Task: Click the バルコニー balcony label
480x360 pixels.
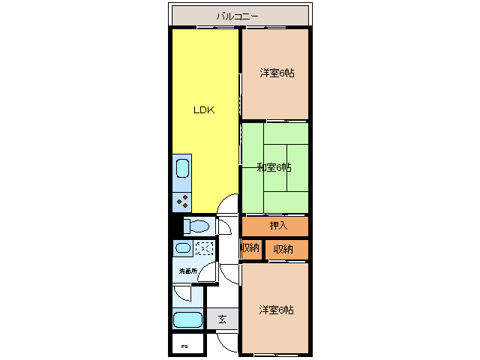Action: [x=237, y=16]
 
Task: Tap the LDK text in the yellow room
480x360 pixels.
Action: [x=204, y=110]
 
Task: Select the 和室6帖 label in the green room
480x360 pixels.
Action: [x=274, y=167]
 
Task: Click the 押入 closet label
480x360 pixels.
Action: [x=278, y=226]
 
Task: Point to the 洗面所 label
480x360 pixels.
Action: [x=188, y=271]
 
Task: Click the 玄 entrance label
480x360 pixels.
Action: [x=222, y=319]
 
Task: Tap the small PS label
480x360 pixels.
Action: [x=184, y=346]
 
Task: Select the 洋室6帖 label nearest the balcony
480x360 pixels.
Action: [x=277, y=73]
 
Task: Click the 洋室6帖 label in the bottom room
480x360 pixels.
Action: [x=277, y=310]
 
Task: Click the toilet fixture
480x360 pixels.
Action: [x=196, y=226]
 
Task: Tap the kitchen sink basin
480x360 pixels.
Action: [x=182, y=168]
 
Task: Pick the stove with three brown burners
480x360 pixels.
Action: [x=181, y=202]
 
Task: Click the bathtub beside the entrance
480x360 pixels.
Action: [x=187, y=319]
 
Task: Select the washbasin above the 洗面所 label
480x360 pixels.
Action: [x=183, y=247]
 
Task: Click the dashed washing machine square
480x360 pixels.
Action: [x=205, y=248]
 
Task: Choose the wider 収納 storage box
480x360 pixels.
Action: [x=286, y=250]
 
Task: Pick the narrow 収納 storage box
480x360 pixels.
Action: [x=252, y=249]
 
